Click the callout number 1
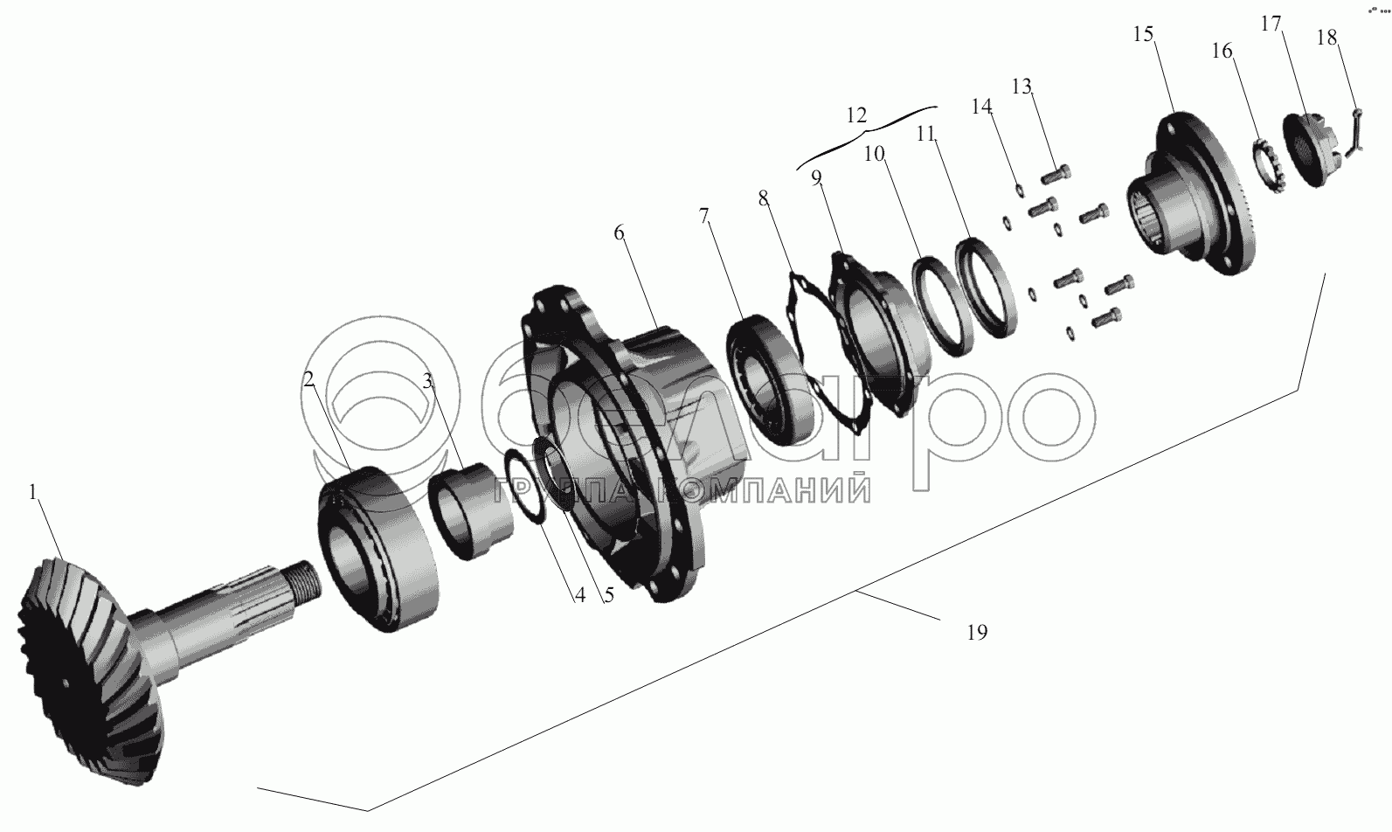pos(33,492)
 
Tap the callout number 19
pos(977,633)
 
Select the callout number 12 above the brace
pos(856,115)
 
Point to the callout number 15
pos(1143,34)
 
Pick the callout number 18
pos(1326,38)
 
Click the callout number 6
pos(619,232)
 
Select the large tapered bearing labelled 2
pos(380,550)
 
